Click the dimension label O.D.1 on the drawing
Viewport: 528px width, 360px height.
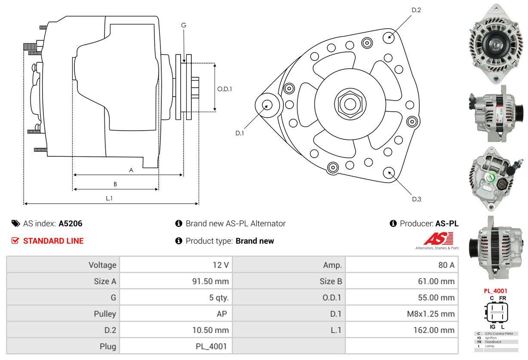pos(224,89)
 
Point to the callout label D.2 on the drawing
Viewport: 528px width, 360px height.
pos(416,10)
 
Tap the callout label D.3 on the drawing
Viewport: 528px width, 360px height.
pos(416,199)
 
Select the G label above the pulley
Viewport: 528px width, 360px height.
pos(184,25)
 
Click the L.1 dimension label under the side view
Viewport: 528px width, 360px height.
pos(109,198)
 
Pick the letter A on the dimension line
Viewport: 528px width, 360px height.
pos(131,170)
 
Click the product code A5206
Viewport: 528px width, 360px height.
pos(71,223)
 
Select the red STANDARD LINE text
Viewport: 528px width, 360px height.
pos(53,241)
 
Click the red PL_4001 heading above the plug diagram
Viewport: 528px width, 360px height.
pos(495,291)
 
